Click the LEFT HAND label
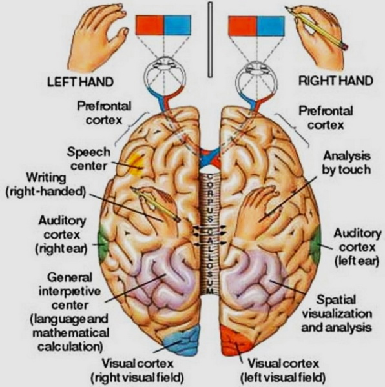coord(80,82)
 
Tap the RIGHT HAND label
coord(335,81)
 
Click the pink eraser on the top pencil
coord(345,46)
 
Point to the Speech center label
coord(88,159)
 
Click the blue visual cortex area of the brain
coord(182,339)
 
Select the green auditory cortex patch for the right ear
coord(103,243)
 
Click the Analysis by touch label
coord(346,163)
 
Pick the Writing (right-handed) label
coord(46,184)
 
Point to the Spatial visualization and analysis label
coord(337,313)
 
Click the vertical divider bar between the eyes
coord(210,39)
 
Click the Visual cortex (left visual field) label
coord(283,370)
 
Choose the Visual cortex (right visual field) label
coord(138,370)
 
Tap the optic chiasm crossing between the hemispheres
coord(210,157)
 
